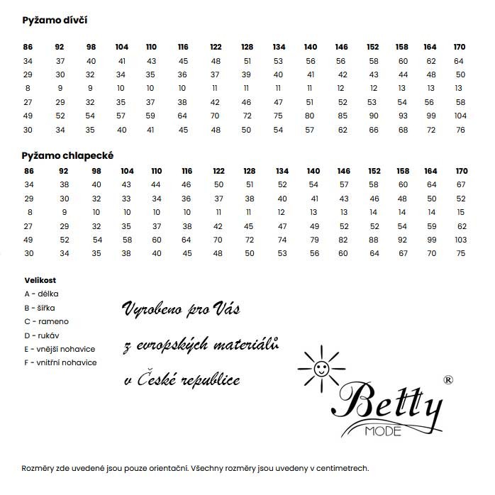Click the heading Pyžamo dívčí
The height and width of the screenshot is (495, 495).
point(55,21)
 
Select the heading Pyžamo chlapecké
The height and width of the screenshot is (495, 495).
point(68,155)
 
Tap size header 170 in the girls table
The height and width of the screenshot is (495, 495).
point(460,47)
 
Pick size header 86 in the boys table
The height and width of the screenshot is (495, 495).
point(28,171)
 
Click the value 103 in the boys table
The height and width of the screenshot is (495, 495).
point(461,240)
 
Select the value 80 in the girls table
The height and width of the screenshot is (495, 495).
point(309,116)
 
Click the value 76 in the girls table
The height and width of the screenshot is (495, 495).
point(460,130)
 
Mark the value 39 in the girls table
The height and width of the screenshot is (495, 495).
point(247,74)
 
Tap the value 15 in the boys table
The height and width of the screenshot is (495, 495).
point(461,212)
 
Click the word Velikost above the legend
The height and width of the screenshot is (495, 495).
point(40,280)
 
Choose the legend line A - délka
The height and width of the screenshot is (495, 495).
point(41,294)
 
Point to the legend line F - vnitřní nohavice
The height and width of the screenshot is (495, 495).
point(60,362)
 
